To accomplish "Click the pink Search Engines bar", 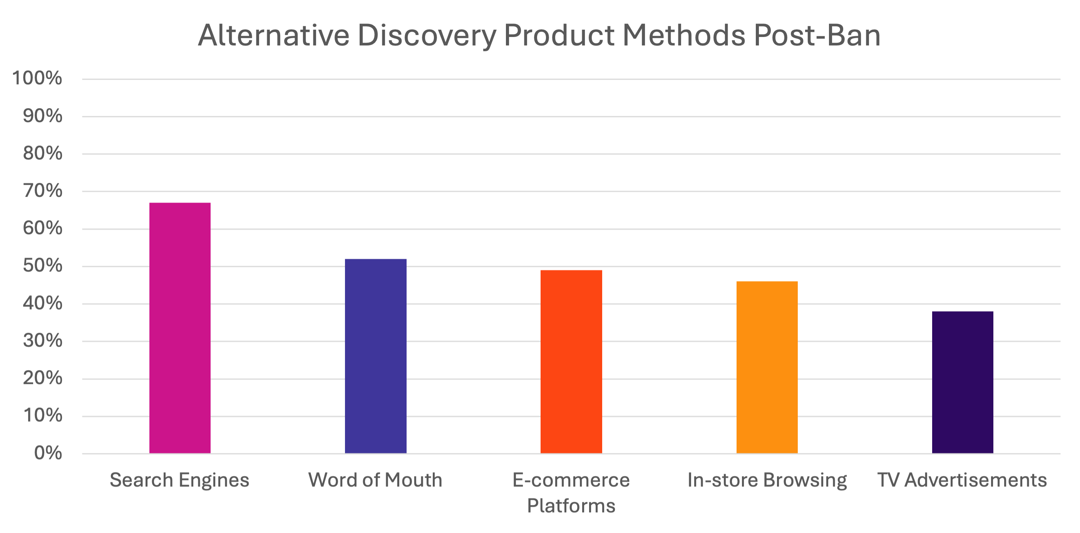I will (180, 328).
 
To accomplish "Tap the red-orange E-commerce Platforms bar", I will (571, 362).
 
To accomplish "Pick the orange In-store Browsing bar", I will (767, 367).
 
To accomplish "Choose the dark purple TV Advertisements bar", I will (963, 382).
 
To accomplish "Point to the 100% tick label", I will (37, 79).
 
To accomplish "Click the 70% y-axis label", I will (42, 192).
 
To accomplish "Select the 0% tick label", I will (48, 453).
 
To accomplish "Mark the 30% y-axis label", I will (42, 341).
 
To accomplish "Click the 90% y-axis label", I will (42, 117).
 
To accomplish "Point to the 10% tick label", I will (42, 416).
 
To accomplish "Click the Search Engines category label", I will (179, 480).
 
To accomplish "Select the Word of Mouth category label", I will (375, 480).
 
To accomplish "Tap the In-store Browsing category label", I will (767, 480).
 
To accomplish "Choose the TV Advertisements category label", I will (962, 480).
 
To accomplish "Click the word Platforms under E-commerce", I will (571, 506).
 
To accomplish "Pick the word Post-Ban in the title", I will (816, 36).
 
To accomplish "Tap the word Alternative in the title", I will (274, 36).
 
